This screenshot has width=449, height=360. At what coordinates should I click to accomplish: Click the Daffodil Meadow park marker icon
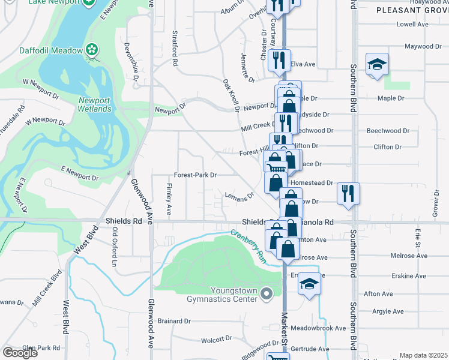point(92,50)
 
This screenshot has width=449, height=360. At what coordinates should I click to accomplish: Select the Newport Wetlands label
point(94,104)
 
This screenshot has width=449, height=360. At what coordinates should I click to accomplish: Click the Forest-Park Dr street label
point(195,175)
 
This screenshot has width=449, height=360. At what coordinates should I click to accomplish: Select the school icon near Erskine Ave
point(309,283)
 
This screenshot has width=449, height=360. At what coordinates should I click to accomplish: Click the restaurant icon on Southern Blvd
point(348,193)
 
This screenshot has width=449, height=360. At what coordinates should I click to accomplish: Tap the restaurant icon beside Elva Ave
point(278,59)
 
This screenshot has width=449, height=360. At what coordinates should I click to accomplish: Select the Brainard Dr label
point(174,321)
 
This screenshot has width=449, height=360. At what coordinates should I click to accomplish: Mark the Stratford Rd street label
point(175,48)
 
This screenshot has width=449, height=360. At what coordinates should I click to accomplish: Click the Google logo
point(20,353)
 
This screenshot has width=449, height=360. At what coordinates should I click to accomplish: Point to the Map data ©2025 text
point(423,355)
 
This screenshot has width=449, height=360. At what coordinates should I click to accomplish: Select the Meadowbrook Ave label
point(318,328)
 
